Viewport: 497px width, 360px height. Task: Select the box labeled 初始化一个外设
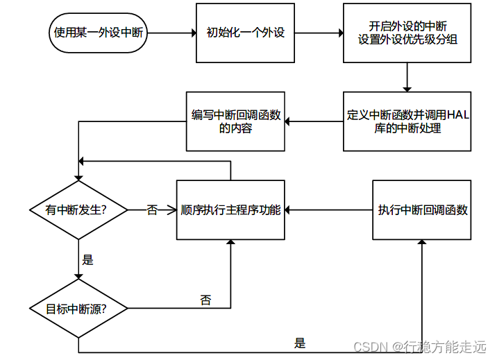(246, 33)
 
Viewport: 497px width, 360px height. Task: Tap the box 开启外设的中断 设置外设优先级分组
(407, 33)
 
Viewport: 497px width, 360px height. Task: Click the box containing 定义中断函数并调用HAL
(407, 121)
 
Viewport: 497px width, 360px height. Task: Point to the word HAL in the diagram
(457, 115)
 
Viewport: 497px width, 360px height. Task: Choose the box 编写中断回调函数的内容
(236, 121)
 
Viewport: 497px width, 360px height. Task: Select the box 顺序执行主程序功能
(230, 210)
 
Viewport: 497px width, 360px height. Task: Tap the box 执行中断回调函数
(422, 210)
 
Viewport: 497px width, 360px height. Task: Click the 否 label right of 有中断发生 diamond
(152, 210)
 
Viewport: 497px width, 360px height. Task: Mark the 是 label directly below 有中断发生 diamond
(87, 261)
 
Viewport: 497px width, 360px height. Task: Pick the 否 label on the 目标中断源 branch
(205, 300)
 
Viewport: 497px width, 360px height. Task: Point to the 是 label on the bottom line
(300, 343)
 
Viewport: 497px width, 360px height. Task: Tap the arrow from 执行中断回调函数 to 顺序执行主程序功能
(328, 210)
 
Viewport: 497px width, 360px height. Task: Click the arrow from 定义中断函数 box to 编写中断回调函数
(314, 121)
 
